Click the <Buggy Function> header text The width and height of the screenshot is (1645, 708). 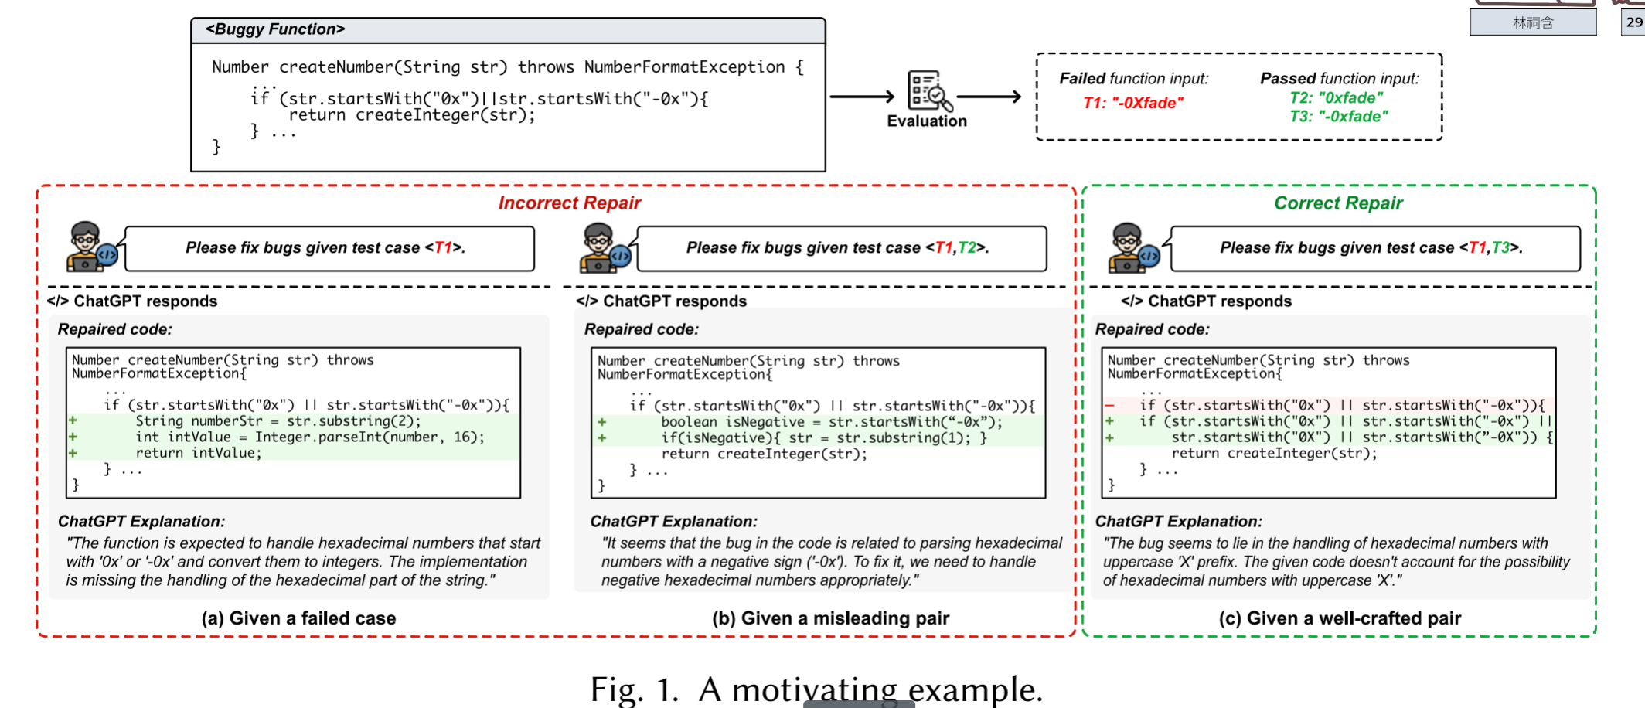(x=275, y=29)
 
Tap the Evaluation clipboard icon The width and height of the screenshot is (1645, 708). (x=928, y=90)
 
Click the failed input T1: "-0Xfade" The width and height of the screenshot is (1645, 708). (x=1132, y=103)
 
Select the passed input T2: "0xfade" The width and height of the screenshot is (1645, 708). (x=1336, y=98)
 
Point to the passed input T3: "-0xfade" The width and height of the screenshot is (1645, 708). (x=1338, y=117)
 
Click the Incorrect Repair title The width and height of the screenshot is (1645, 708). (x=570, y=203)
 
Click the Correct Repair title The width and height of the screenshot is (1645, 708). (x=1338, y=203)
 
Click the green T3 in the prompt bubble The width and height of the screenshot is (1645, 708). (x=1500, y=247)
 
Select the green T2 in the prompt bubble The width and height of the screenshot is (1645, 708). (x=966, y=247)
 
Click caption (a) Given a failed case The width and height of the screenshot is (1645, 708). (x=298, y=618)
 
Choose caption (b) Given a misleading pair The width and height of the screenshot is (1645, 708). (x=830, y=618)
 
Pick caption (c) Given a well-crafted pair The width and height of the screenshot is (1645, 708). (x=1340, y=618)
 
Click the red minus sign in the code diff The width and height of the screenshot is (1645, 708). (x=1109, y=405)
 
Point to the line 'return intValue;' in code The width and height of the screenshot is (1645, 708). (x=199, y=453)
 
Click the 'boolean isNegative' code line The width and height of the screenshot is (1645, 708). (x=831, y=422)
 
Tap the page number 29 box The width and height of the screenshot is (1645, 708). (x=1633, y=22)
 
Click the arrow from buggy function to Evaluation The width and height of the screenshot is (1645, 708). (x=861, y=97)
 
